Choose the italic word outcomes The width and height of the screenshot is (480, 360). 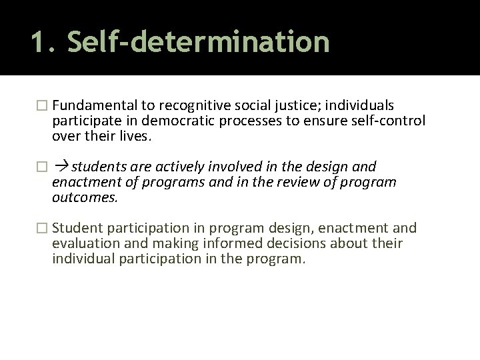85,197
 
